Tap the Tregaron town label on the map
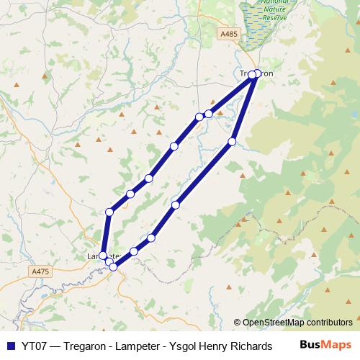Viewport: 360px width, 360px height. (256, 73)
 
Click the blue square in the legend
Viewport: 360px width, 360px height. (10, 344)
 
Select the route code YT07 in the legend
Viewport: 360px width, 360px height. (32, 344)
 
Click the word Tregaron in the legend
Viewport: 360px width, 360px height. (88, 344)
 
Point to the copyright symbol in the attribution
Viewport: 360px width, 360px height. (238, 323)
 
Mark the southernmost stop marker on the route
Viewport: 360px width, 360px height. (113, 267)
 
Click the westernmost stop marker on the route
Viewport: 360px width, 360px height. (103, 256)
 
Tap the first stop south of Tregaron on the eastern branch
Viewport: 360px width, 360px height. (232, 142)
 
